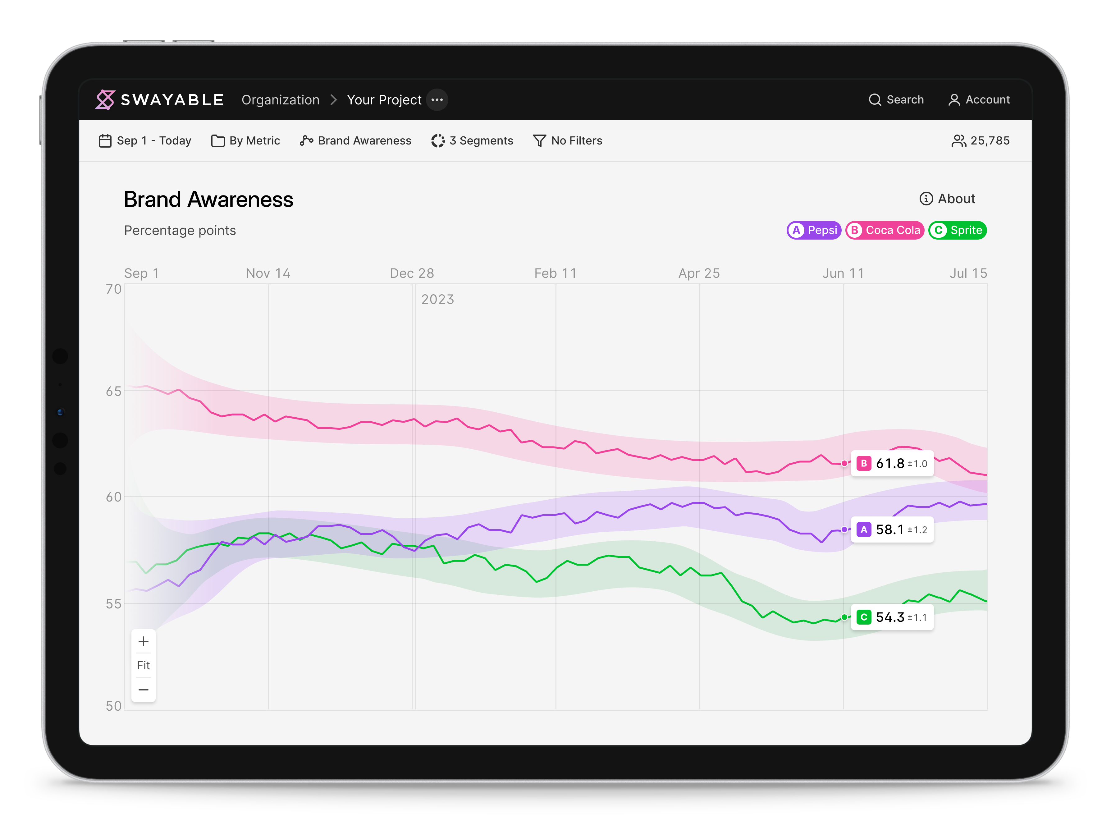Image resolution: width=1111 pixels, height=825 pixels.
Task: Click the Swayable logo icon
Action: click(105, 100)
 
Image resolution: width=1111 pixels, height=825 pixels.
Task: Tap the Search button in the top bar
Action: click(896, 100)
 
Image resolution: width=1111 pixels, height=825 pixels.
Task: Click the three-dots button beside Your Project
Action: click(437, 100)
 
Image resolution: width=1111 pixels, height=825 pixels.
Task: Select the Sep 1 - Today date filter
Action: click(145, 141)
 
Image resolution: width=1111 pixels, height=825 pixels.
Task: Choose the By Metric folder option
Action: click(246, 141)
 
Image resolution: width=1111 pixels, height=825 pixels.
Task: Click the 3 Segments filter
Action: click(472, 141)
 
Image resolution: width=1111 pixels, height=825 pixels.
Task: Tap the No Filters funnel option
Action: click(568, 141)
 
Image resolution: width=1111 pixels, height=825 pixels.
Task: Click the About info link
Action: click(947, 199)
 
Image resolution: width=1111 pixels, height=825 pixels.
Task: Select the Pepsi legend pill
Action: click(814, 230)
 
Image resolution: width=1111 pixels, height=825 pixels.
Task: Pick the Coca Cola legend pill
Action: click(884, 230)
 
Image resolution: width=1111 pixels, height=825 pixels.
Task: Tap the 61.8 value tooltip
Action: click(892, 463)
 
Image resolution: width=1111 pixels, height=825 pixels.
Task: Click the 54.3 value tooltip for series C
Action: click(892, 617)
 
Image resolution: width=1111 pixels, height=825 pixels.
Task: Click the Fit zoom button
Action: click(143, 665)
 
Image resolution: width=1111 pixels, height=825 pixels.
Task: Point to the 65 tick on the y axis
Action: click(113, 392)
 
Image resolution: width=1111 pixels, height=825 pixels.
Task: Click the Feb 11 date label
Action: click(555, 273)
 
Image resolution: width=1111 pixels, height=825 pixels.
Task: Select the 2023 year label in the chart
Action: click(437, 300)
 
